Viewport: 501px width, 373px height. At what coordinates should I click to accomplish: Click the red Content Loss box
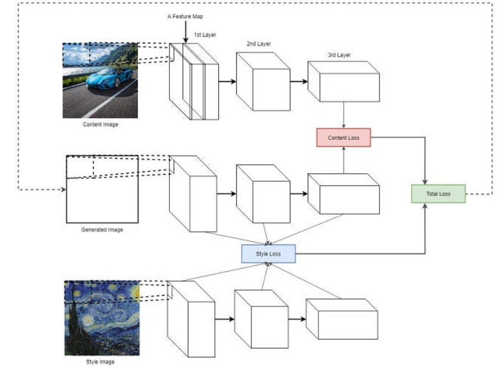click(343, 138)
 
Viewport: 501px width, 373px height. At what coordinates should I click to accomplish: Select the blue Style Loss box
click(268, 254)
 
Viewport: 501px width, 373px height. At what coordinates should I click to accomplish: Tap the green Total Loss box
click(438, 194)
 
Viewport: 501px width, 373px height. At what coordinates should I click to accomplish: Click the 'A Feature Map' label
click(185, 16)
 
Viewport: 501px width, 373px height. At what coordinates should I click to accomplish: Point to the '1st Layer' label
click(205, 35)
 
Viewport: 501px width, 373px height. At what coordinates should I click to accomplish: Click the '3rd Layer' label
click(339, 55)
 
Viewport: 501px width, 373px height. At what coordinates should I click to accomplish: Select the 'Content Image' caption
click(100, 125)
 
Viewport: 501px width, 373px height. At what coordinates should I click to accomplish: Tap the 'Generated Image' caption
click(101, 229)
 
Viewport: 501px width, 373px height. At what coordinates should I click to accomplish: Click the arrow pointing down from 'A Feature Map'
click(185, 33)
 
